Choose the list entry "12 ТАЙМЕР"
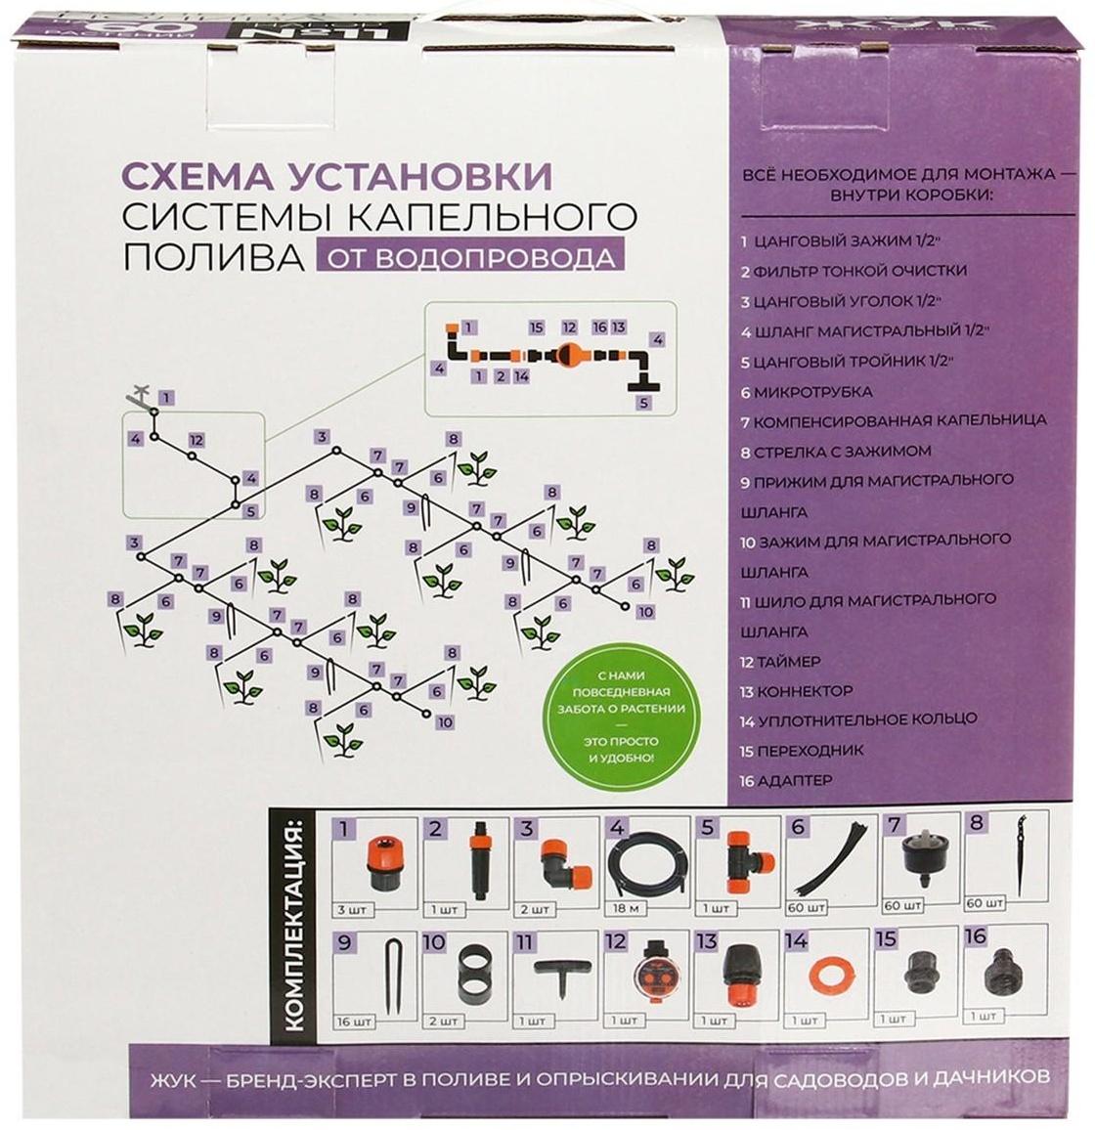[x=781, y=662]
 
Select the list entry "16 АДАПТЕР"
[x=786, y=781]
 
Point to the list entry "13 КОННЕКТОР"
[x=797, y=691]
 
